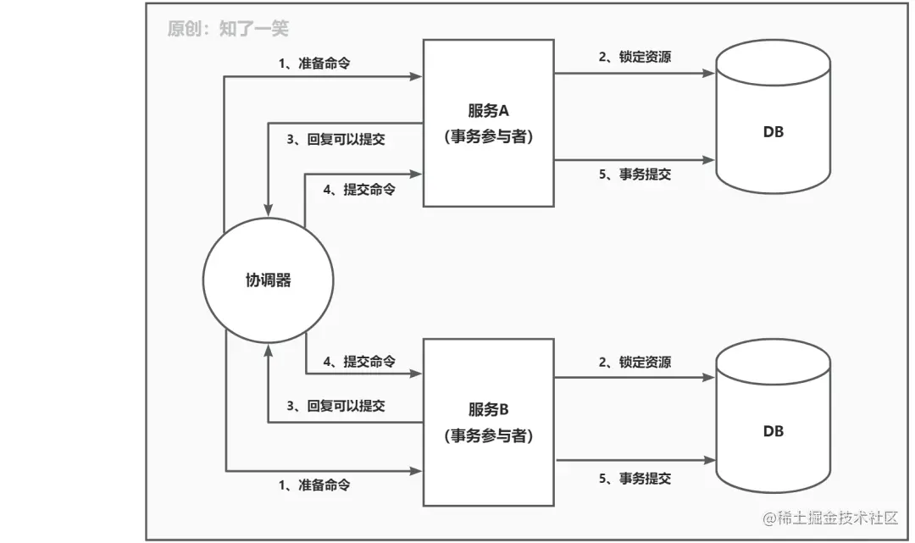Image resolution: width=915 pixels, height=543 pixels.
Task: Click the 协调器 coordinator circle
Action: click(x=268, y=280)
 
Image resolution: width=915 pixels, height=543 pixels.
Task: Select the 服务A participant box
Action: click(x=488, y=122)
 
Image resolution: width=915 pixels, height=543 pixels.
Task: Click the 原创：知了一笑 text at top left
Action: click(x=228, y=29)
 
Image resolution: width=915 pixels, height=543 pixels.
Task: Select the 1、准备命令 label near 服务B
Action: click(x=314, y=485)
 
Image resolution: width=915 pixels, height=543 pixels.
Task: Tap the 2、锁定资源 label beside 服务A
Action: click(x=635, y=58)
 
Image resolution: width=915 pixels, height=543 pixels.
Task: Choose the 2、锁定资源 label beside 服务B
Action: click(x=635, y=362)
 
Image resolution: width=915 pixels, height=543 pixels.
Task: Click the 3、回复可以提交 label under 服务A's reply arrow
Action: click(x=335, y=140)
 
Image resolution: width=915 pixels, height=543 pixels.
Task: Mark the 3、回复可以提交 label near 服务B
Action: click(x=335, y=406)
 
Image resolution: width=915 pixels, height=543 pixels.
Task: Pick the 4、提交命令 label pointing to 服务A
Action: click(x=359, y=190)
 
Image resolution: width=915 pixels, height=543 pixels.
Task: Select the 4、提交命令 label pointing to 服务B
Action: click(x=359, y=362)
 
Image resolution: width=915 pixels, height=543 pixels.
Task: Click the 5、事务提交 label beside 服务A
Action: click(x=635, y=174)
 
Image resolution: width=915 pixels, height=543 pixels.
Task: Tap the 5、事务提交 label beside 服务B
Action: click(x=635, y=479)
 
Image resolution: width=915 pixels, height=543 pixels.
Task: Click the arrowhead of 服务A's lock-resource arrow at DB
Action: click(x=710, y=74)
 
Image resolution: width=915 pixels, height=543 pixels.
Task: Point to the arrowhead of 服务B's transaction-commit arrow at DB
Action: click(x=710, y=460)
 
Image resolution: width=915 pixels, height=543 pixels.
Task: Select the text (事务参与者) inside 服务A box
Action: click(x=488, y=137)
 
